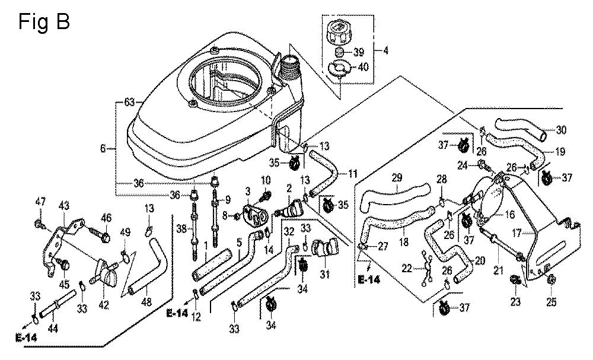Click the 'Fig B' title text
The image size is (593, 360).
coord(44,21)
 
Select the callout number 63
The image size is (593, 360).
coord(130,102)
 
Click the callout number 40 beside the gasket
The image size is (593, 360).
coord(363,67)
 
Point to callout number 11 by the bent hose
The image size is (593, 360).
coord(352,174)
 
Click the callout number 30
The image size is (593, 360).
coord(561,130)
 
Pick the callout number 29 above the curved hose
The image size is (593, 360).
coord(397,177)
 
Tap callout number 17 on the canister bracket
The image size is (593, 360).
coord(517,234)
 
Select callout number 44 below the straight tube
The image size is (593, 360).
coord(53,329)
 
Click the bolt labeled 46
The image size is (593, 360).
coord(105,238)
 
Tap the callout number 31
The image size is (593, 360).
coord(325,273)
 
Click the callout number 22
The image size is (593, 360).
coord(407,268)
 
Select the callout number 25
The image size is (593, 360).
coord(551,302)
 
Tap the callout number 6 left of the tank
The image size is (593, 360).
coord(103,149)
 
